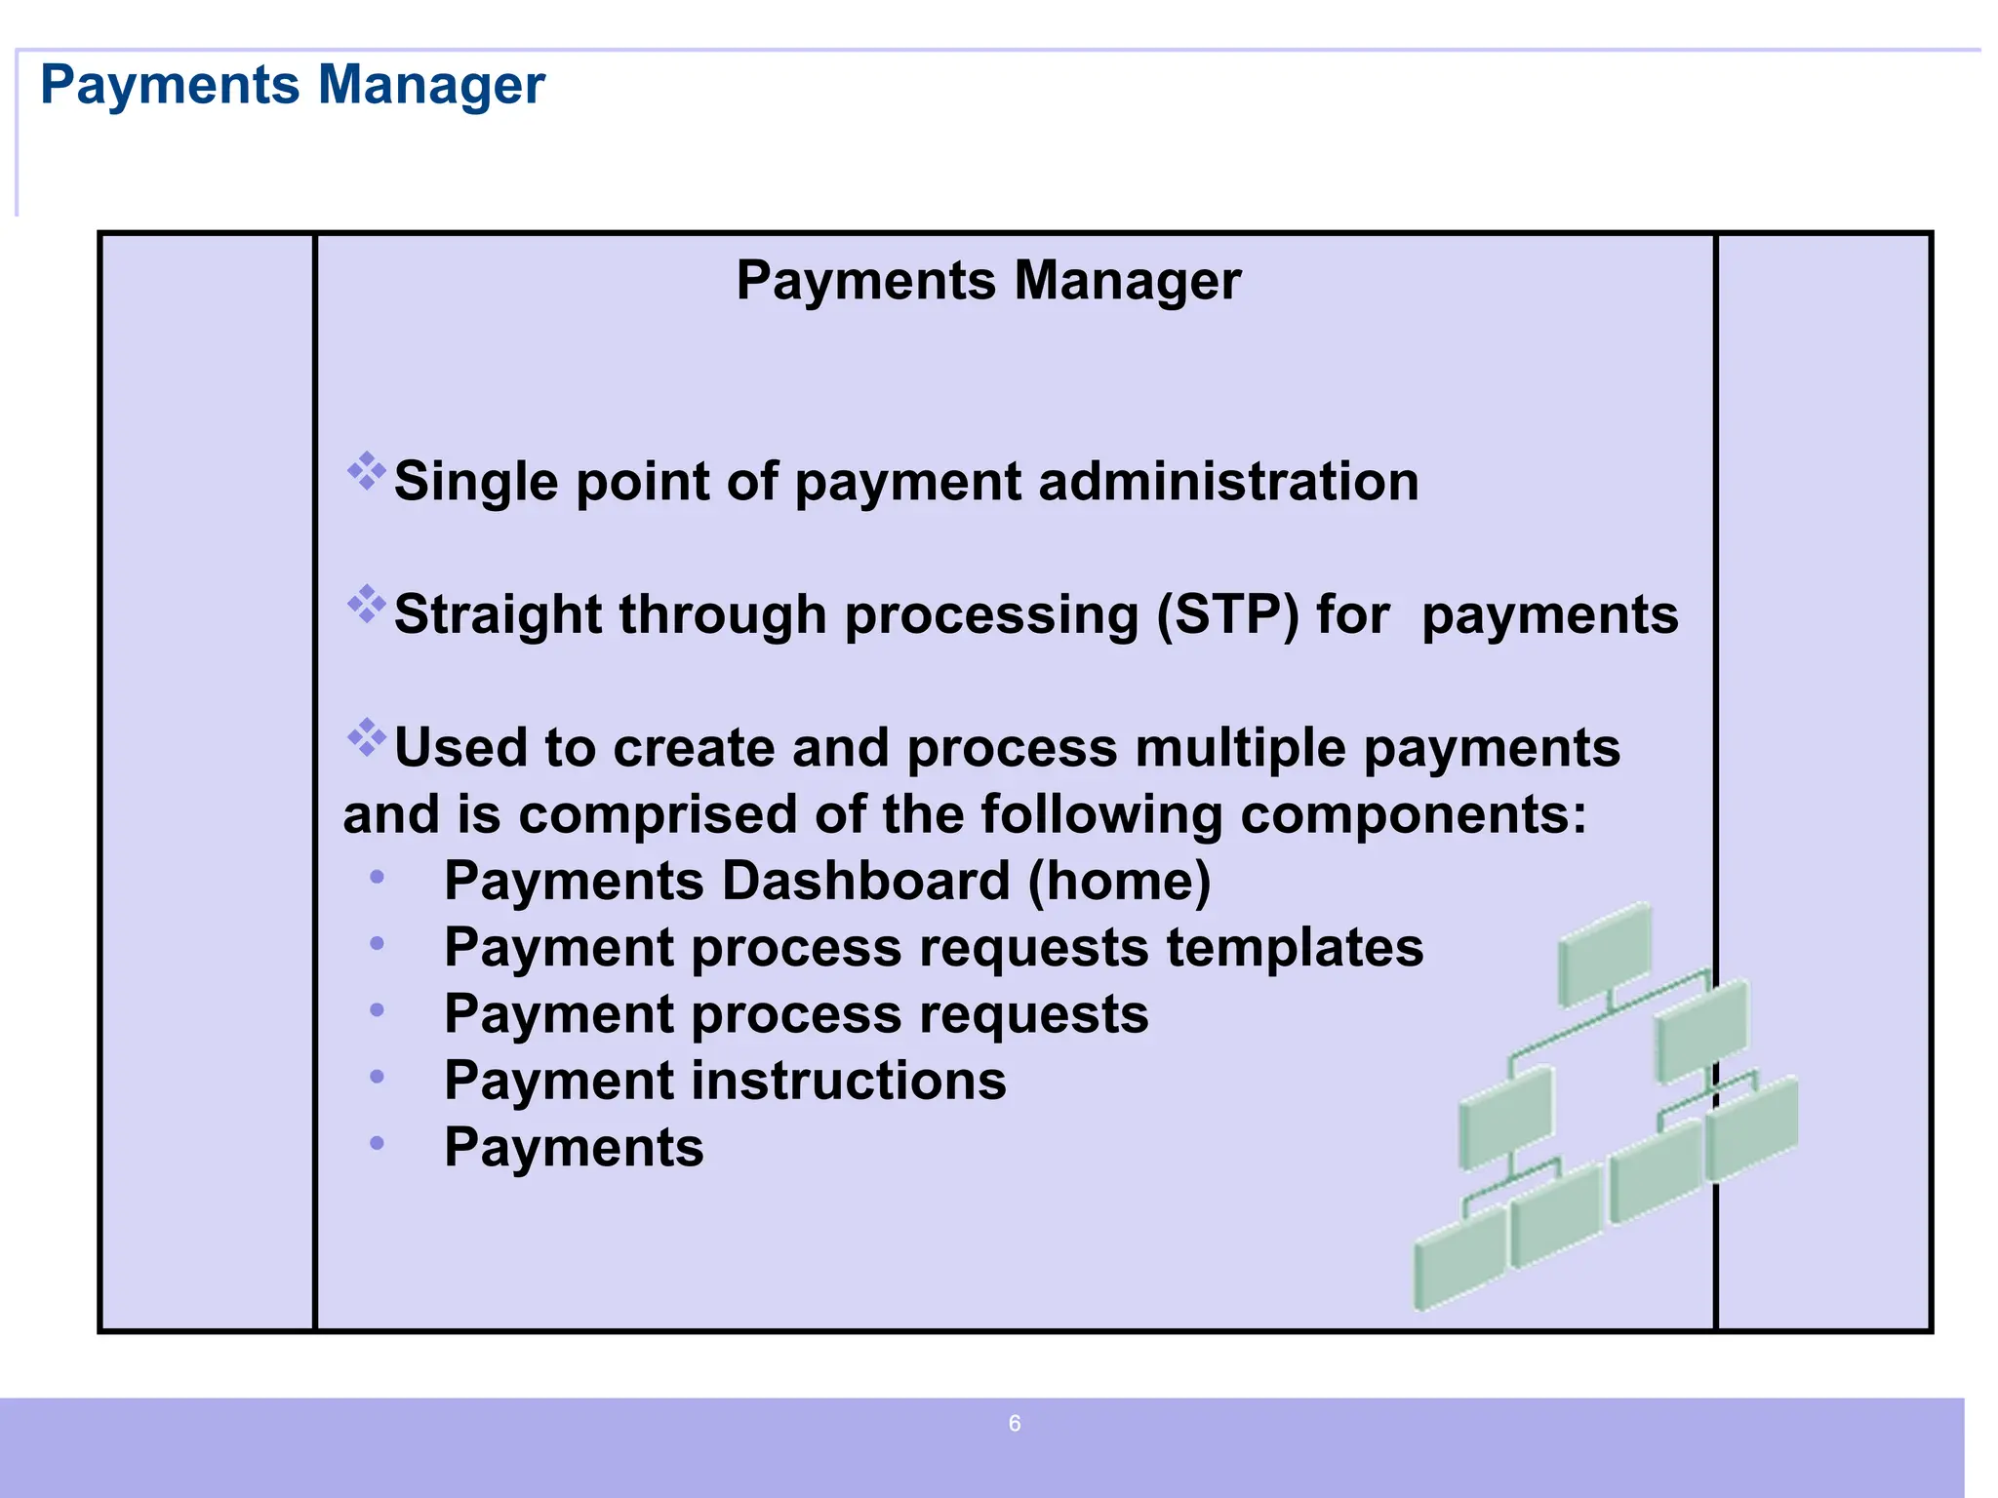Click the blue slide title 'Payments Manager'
click(292, 85)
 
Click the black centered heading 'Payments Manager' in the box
click(987, 281)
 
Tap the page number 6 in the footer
click(1015, 1424)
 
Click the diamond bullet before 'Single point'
click(367, 471)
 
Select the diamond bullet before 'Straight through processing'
click(367, 605)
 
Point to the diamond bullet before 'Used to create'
click(367, 737)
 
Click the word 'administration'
click(1228, 482)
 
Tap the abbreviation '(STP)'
click(1227, 615)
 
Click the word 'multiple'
click(1240, 748)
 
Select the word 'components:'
click(1414, 814)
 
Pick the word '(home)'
click(1119, 881)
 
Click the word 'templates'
click(1295, 947)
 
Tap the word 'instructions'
click(849, 1081)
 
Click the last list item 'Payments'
click(574, 1147)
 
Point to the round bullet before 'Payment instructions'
click(378, 1077)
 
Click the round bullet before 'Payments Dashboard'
click(378, 878)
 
